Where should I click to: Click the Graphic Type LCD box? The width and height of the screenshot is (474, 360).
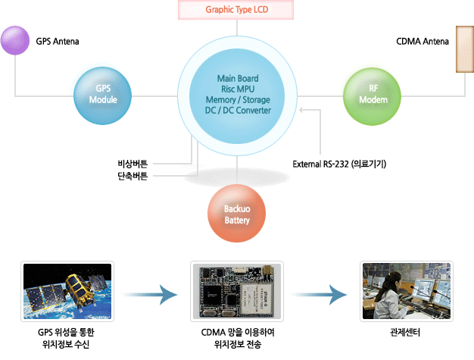click(x=237, y=11)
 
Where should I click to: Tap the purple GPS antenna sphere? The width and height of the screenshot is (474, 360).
click(x=14, y=40)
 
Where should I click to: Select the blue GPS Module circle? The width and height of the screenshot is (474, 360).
click(x=103, y=95)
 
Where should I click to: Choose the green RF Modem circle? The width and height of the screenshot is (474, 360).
click(x=372, y=95)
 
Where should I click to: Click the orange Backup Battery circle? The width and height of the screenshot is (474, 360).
click(x=237, y=215)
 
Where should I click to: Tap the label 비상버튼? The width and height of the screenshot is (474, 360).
click(x=133, y=163)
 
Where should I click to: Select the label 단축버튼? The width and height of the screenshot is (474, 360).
click(x=133, y=177)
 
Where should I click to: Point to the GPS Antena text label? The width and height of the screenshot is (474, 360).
click(x=58, y=40)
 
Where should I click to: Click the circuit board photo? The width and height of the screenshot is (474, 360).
click(x=237, y=293)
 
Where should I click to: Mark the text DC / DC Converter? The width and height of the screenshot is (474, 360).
click(x=237, y=111)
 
